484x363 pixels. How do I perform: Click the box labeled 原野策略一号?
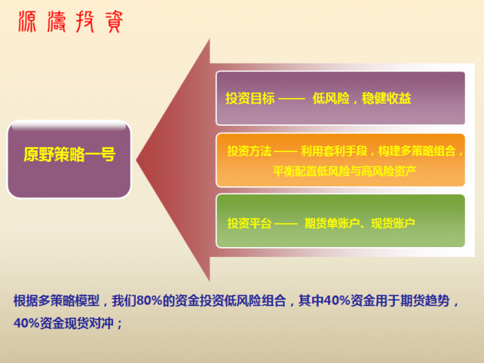click(69, 155)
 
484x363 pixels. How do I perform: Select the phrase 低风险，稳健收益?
click(362, 99)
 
